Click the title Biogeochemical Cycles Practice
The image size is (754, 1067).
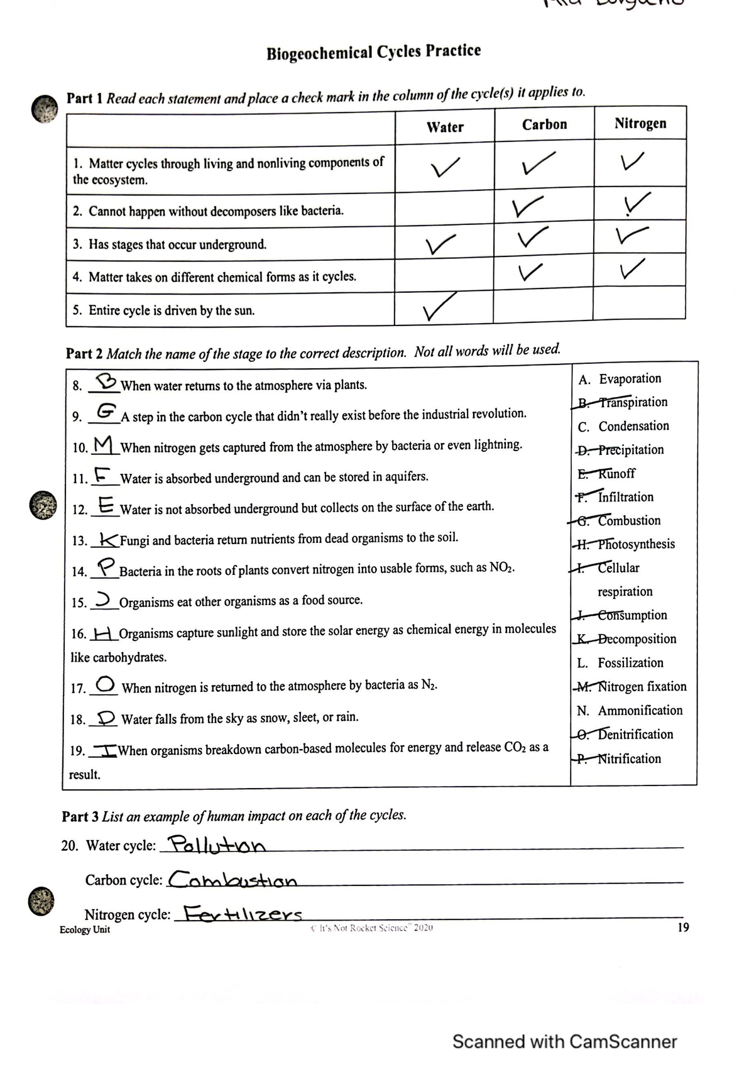374,52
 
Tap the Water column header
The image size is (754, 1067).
445,127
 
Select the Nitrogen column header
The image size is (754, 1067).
640,123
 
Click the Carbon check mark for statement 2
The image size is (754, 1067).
525,207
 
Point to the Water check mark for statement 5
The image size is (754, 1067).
440,309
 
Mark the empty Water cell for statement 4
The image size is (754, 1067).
444,275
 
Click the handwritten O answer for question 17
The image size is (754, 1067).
106,683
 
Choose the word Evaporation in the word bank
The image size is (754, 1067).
630,379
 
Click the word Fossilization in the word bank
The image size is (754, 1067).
630,663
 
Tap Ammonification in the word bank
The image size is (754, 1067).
640,711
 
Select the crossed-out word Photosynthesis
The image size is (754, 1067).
636,544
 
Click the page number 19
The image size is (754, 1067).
683,927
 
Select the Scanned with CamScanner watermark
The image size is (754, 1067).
564,1042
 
